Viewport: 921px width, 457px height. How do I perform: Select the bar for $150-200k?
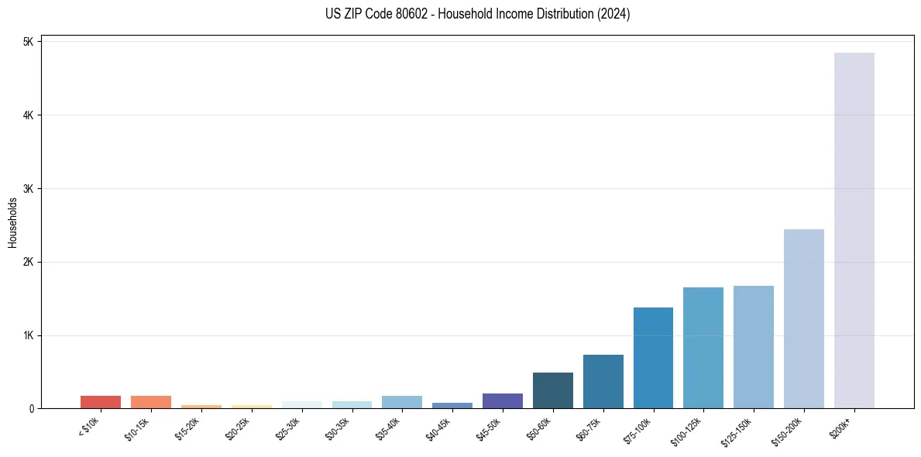pyautogui.click(x=803, y=318)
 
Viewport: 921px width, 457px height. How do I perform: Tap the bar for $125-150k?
pyautogui.click(x=753, y=347)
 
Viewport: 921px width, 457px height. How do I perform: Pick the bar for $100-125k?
pyautogui.click(x=703, y=348)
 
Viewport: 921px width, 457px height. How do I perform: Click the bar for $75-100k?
pyautogui.click(x=653, y=358)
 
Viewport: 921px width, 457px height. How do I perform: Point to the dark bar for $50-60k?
pyautogui.click(x=552, y=390)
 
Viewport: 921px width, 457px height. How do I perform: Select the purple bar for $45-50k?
pyautogui.click(x=502, y=400)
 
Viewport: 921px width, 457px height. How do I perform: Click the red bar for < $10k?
pyautogui.click(x=101, y=402)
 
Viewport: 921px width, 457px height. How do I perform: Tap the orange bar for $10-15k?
pyautogui.click(x=151, y=402)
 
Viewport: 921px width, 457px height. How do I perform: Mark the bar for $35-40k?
pyautogui.click(x=402, y=402)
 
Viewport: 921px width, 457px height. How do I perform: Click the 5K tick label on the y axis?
pyautogui.click(x=28, y=42)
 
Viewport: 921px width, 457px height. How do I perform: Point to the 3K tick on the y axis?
pyautogui.click(x=28, y=189)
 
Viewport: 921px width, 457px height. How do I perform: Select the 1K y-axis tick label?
pyautogui.click(x=28, y=335)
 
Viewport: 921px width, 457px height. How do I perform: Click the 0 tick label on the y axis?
pyautogui.click(x=31, y=409)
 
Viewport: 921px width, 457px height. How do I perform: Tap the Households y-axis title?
pyautogui.click(x=13, y=222)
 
